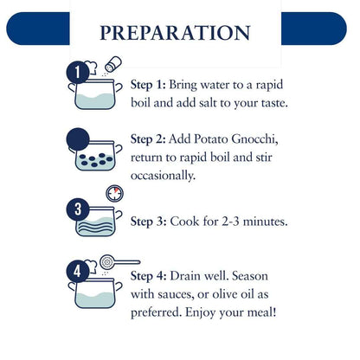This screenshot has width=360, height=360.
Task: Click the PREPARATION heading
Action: click(175, 33)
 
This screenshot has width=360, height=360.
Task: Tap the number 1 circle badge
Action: click(78, 72)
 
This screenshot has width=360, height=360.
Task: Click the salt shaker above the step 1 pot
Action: click(113, 64)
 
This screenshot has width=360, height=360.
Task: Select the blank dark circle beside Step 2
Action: click(78, 139)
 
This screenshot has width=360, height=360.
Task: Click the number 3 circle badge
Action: click(78, 209)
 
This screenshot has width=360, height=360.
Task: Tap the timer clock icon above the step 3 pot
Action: click(114, 193)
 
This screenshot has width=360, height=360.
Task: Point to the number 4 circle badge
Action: click(78, 271)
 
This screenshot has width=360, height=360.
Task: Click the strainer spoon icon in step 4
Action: click(119, 262)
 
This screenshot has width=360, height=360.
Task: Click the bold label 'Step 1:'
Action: click(148, 85)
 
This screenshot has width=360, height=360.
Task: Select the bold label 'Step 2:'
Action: click(148, 139)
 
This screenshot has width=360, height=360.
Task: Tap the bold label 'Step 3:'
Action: click(148, 222)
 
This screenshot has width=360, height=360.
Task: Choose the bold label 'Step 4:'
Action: click(148, 276)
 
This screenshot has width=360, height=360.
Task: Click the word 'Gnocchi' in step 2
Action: click(254, 139)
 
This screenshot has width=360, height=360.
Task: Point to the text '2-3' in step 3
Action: click(230, 222)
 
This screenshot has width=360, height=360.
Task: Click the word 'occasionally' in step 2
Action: click(163, 176)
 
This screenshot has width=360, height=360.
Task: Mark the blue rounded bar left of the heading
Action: click(38, 29)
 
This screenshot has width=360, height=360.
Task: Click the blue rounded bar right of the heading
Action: click(314, 29)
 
